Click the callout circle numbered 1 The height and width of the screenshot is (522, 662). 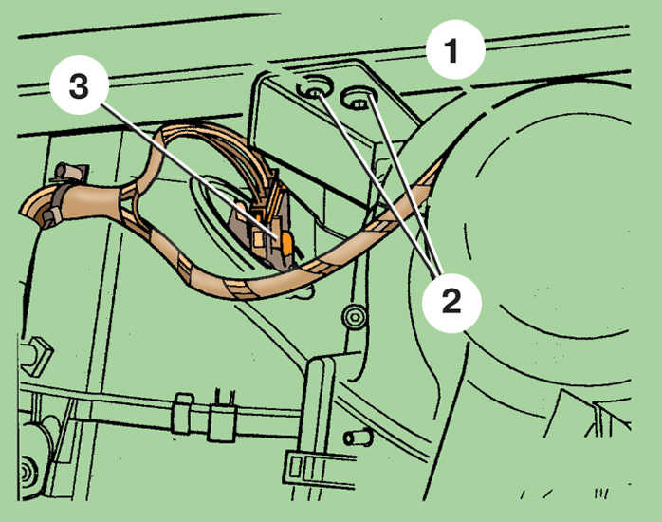point(455,49)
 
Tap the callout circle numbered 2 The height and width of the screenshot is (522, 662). point(451,303)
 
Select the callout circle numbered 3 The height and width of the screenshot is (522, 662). point(80,85)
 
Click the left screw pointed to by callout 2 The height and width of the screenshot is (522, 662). point(314,91)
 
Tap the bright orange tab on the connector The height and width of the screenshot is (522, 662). point(286,244)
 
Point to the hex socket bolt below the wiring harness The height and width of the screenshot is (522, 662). point(353,316)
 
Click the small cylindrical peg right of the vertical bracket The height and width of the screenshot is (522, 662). point(359,438)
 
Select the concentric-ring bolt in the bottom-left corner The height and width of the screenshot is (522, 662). point(28,472)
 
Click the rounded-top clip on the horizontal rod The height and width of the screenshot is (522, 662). point(184,414)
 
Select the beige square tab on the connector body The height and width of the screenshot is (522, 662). point(258,238)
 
